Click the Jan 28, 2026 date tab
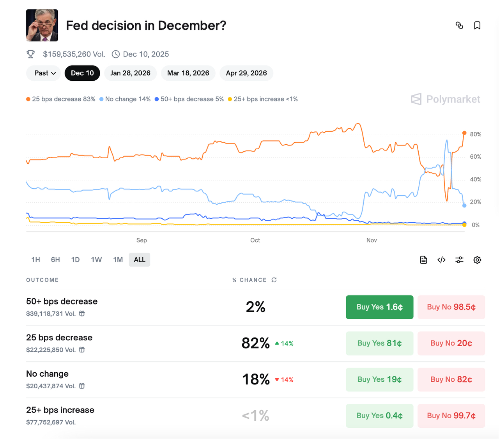(130, 73)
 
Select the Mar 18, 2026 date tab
(188, 73)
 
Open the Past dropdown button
(45, 73)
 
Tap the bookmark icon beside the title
(477, 26)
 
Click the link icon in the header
(459, 26)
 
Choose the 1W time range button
(96, 260)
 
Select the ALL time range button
(140, 260)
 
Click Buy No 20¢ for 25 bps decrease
(451, 343)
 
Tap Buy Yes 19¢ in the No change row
(379, 380)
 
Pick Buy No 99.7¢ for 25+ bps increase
(451, 416)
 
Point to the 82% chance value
(255, 343)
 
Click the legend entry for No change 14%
(125, 99)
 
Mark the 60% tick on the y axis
(476, 157)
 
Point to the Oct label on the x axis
(255, 241)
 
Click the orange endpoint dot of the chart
(464, 133)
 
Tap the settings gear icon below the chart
(477, 260)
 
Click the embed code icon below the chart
(441, 260)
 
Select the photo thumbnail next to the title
(42, 26)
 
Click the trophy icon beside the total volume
(30, 54)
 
